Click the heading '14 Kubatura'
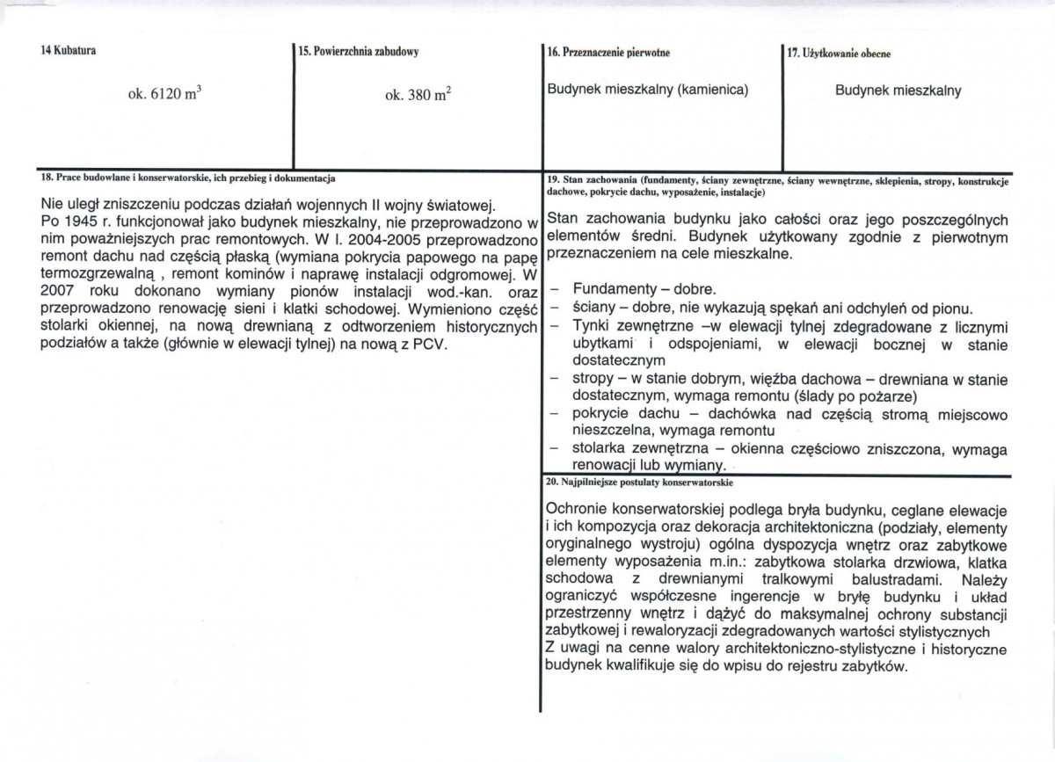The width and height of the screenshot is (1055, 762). (68, 51)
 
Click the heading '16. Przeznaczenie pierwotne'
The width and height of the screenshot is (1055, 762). (608, 53)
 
